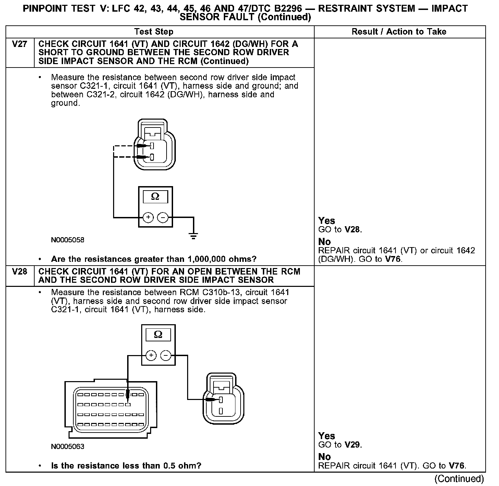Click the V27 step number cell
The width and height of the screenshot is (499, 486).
[20, 44]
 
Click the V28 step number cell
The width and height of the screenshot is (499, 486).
[20, 272]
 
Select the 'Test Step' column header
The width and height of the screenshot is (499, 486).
[154, 32]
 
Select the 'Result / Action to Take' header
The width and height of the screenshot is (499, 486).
[399, 32]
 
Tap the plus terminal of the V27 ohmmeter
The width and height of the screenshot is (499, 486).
[148, 217]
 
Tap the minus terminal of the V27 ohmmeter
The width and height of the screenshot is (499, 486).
[162, 217]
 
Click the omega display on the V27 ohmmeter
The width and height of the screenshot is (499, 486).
[155, 197]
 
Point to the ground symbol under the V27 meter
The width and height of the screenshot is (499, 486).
[194, 236]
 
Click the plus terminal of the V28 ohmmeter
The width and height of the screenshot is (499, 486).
[151, 356]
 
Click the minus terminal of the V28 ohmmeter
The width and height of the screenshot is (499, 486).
[166, 356]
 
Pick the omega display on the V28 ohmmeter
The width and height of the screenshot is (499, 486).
[158, 335]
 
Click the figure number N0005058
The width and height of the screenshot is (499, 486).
[68, 240]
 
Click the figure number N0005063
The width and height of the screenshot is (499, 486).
[68, 447]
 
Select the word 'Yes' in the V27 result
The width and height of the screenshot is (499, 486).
[327, 221]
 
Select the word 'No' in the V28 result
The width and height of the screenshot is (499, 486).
[325, 457]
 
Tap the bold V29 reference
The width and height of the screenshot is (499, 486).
[353, 445]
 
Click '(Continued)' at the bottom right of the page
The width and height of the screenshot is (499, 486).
[459, 478]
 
